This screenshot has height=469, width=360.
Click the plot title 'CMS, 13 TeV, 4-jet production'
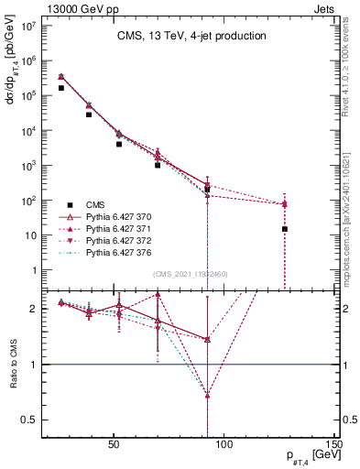[x=191, y=37]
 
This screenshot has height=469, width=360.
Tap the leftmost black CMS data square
[x=60, y=88]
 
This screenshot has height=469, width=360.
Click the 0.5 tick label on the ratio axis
[x=29, y=420]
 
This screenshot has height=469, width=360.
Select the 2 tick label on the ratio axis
[x=34, y=309]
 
